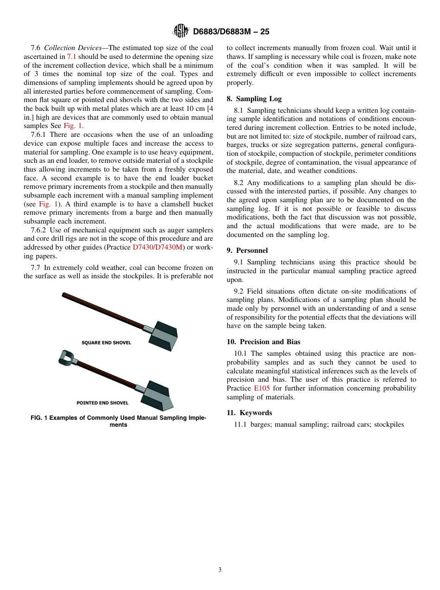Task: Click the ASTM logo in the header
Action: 180,31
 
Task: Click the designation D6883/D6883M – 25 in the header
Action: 231,32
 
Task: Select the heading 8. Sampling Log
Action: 254,99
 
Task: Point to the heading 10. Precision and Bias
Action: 263,342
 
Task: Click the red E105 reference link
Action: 262,388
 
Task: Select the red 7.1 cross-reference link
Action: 72,56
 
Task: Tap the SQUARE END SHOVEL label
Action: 106,343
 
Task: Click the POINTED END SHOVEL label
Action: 102,403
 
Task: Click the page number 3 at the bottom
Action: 220,570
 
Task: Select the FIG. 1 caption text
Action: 119,421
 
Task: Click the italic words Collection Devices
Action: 73,48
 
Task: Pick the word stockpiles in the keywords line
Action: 389,424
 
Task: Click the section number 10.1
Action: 239,354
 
